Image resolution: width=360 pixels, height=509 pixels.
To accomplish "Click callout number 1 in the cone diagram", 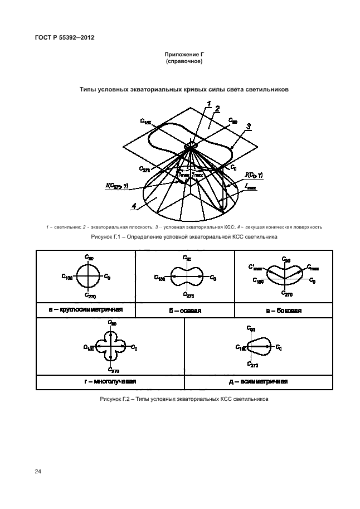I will click(208, 104).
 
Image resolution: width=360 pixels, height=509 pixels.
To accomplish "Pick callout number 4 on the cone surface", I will click(134, 207).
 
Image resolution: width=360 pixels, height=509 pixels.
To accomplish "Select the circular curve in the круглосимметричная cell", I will click(89, 276).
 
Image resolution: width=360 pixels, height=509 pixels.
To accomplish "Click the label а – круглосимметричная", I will click(86, 309).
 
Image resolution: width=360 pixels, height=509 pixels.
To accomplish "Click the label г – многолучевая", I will click(110, 381).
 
